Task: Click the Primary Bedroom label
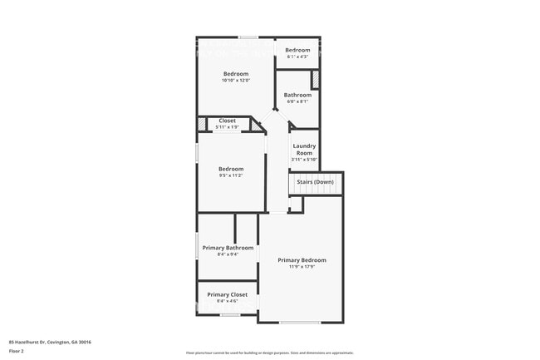[x=302, y=260]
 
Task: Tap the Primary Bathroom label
[x=230, y=248]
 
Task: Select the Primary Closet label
[x=228, y=294]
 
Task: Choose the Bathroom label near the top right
[x=297, y=95]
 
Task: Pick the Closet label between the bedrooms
[x=227, y=121]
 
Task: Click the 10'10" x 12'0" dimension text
[x=235, y=81]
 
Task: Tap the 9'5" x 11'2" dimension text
[x=230, y=176]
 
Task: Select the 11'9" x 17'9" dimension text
[x=302, y=267]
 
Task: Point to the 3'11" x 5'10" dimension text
[x=304, y=160]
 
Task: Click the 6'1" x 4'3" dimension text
[x=297, y=57]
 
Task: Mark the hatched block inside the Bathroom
[x=316, y=80]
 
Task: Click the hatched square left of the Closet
[x=202, y=125]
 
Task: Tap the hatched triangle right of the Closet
[x=256, y=125]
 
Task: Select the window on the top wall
[x=248, y=37]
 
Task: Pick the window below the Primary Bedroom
[x=299, y=322]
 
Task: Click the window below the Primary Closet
[x=230, y=315]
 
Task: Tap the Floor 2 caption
[x=17, y=352]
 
